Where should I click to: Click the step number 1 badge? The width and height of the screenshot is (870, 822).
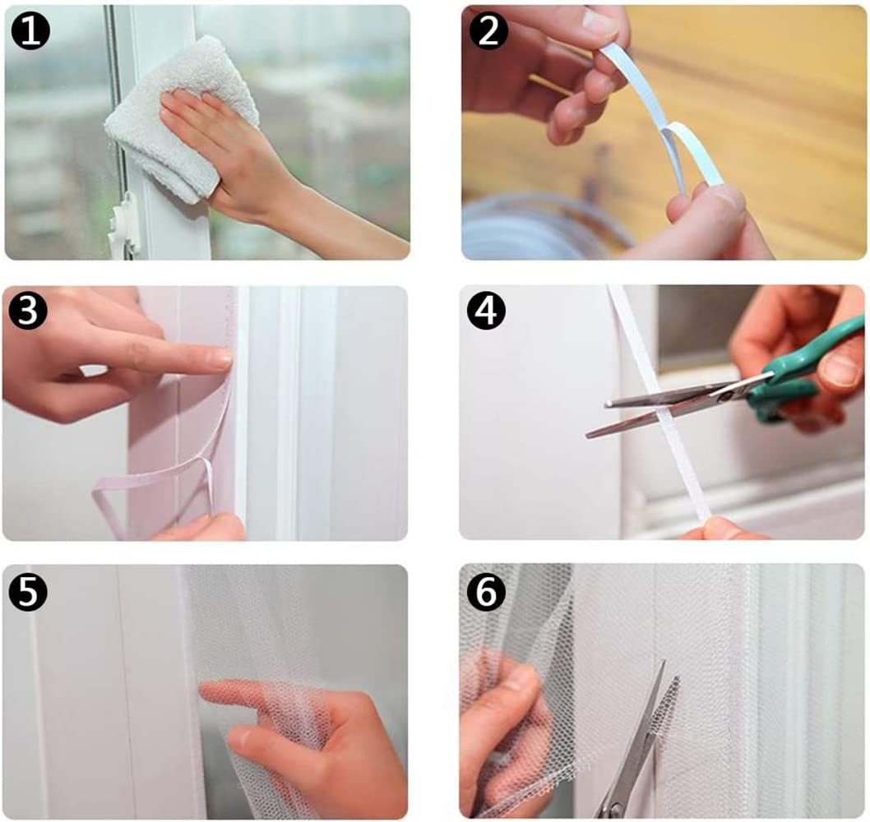(30, 30)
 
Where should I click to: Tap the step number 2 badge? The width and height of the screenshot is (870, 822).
(488, 30)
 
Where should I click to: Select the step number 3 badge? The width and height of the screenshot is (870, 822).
(28, 311)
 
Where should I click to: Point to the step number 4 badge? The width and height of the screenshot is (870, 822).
(486, 311)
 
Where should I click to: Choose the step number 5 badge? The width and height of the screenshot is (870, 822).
(28, 592)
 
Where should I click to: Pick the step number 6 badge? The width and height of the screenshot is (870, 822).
(486, 592)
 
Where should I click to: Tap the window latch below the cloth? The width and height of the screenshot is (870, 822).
(123, 228)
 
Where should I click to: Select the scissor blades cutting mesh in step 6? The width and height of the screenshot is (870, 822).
(641, 743)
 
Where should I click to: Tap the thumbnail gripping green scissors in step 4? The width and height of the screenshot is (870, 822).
(840, 368)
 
